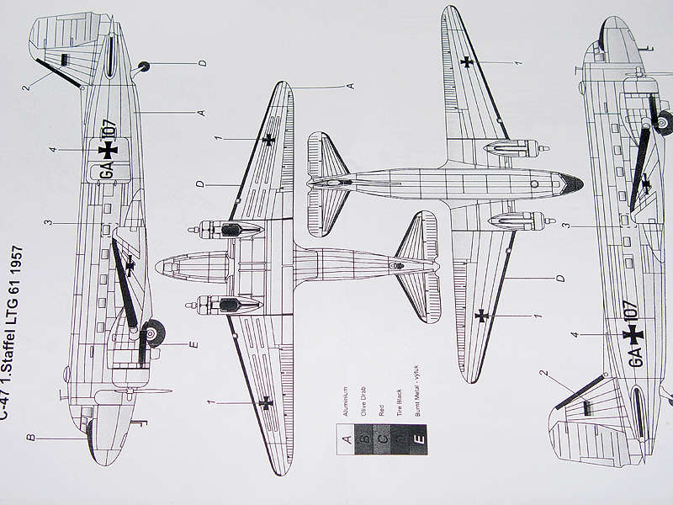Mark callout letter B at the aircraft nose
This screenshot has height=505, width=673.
[29, 438]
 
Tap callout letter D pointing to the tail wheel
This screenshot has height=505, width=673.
[203, 63]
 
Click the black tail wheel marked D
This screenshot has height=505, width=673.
[143, 66]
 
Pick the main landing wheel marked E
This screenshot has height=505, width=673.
[153, 334]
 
